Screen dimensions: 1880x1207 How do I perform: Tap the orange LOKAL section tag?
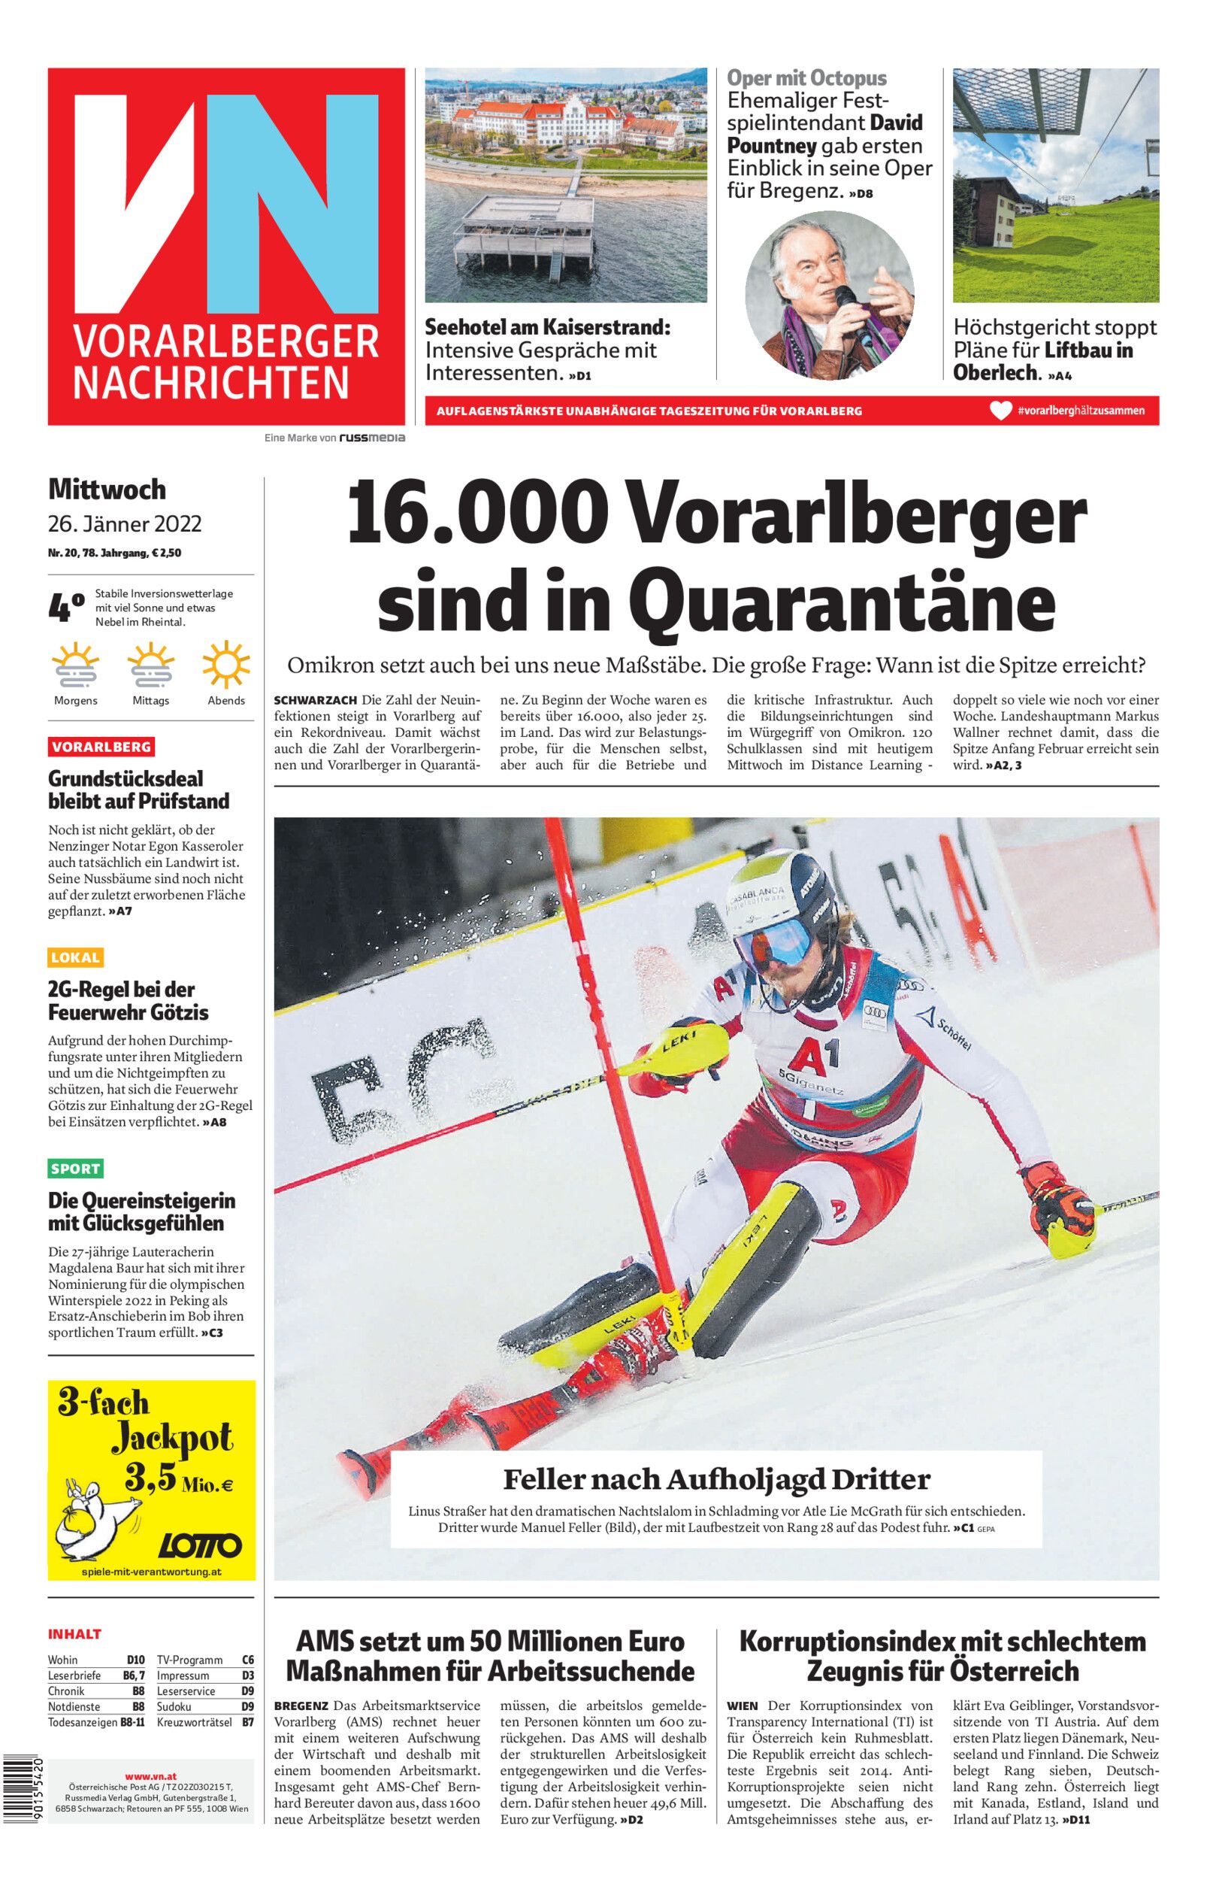click(x=75, y=957)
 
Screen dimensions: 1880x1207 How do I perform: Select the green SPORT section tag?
click(x=75, y=1169)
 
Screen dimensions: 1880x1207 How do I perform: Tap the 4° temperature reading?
click(x=66, y=608)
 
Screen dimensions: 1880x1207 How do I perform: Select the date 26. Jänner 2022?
click(x=125, y=523)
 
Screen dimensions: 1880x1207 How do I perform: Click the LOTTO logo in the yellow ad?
click(x=200, y=1545)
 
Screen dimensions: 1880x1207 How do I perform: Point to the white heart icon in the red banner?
click(x=1000, y=411)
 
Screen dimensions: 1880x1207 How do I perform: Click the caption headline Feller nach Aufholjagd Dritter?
click(x=715, y=1479)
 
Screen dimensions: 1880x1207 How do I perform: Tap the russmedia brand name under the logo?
click(x=371, y=438)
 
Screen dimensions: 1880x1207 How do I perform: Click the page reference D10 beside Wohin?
click(x=135, y=1660)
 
